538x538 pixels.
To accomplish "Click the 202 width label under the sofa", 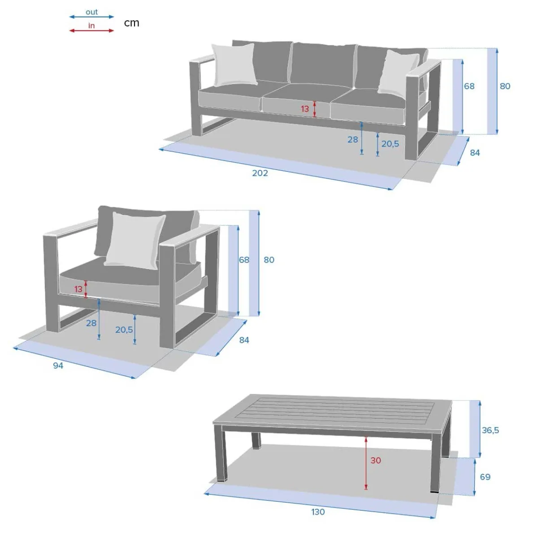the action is coord(260,173).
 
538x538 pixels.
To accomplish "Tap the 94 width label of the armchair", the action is coord(58,365).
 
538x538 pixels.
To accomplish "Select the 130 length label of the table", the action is coord(318,512).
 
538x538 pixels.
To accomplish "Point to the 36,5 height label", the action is coord(490,430).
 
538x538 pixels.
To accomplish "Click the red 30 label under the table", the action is coord(376,460).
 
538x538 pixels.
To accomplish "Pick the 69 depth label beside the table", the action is coord(485,477).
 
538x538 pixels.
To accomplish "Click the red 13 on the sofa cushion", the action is coord(305,108).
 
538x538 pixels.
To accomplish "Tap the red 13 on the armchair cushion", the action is coord(78,289).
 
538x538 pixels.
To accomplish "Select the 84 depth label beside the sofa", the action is coord(475,153).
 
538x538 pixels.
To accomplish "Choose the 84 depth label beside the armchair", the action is coord(244,340).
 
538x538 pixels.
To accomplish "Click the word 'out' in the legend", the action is coord(91,12).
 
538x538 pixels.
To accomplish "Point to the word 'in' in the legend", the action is coord(91,26).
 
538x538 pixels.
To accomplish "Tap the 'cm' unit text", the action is coord(131,23).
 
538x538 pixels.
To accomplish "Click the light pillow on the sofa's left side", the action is coord(234,65).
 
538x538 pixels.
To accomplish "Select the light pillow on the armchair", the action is coord(135,241).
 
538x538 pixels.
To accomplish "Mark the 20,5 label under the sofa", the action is coord(390,144).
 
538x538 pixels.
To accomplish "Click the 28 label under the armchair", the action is coord(91,323).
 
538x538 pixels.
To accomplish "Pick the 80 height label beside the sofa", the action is coord(505,86).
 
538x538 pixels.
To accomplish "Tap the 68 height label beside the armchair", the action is coord(244,260).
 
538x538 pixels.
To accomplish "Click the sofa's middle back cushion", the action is coord(323,63).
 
